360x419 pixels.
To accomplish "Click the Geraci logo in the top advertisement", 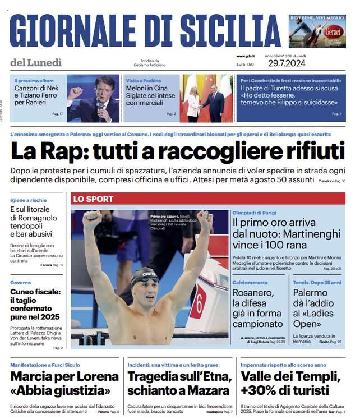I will click(x=333, y=31).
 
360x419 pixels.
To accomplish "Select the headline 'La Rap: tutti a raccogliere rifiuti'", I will click(x=177, y=151).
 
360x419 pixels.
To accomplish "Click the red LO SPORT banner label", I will click(x=93, y=199).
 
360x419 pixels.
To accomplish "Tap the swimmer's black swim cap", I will click(x=145, y=274).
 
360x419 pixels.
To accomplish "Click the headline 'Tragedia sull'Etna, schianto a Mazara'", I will click(x=178, y=383).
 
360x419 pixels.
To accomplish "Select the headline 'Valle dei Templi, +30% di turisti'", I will click(x=284, y=383).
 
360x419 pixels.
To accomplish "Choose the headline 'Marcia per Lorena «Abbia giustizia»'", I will click(x=64, y=383).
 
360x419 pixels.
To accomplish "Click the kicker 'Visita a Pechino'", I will click(x=142, y=81).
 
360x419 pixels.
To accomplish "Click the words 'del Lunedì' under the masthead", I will click(x=36, y=63).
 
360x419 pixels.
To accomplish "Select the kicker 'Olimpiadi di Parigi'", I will click(x=254, y=214).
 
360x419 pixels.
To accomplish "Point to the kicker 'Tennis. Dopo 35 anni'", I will click(x=317, y=283).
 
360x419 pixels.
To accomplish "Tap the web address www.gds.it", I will click(x=246, y=56).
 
